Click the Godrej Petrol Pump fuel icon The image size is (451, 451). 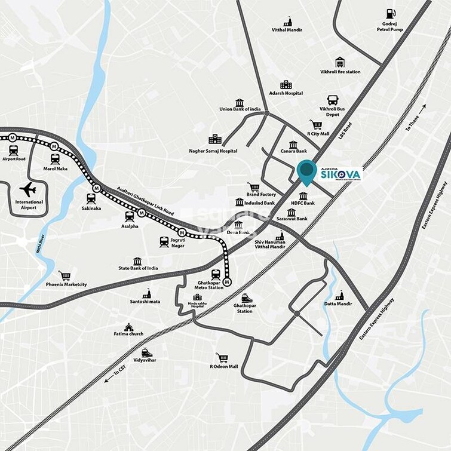[391, 13]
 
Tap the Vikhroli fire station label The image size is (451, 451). [340, 72]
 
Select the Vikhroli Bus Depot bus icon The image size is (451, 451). [333, 100]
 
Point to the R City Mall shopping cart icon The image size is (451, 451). [317, 125]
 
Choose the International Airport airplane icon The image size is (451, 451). [27, 190]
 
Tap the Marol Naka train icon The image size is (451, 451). [55, 158]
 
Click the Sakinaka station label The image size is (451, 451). [91, 210]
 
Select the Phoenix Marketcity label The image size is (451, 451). [66, 284]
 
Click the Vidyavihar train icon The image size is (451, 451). [146, 352]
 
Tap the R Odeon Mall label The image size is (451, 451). [224, 366]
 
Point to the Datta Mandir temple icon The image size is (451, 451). [339, 295]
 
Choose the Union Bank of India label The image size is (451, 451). [240, 109]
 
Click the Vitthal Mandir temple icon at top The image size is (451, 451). [287, 21]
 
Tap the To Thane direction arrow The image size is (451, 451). [422, 109]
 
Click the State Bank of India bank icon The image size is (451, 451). [137, 261]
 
